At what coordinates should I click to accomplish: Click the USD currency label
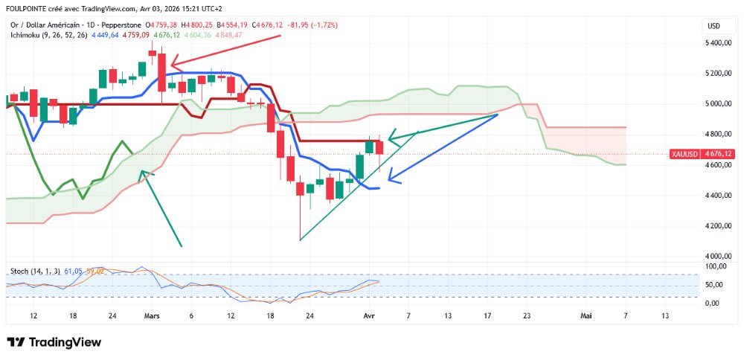[713, 26]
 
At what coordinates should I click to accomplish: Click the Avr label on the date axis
[369, 315]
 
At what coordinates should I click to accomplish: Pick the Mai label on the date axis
[586, 315]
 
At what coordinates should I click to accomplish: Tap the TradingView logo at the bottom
[54, 342]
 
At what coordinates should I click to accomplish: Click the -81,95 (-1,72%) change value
[310, 25]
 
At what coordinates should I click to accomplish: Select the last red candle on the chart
[379, 147]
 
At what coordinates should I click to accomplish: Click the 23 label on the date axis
[527, 315]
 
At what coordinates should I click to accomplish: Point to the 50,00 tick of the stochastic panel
[716, 285]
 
